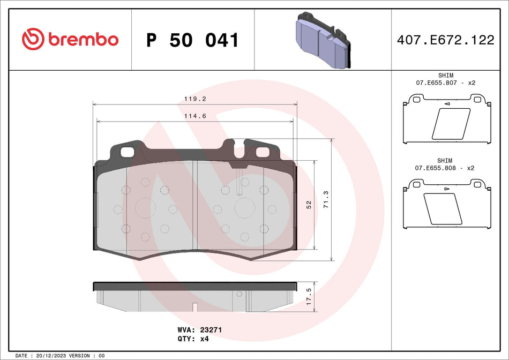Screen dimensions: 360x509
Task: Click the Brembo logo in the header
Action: point(70,39)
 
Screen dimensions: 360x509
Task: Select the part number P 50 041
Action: point(192,40)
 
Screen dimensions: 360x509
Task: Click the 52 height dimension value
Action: point(309,205)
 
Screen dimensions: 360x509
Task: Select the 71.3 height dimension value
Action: point(326,200)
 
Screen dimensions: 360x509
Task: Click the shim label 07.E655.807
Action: point(436,83)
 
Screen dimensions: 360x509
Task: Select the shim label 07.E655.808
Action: point(436,168)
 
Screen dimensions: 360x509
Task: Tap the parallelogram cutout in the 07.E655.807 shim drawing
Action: point(451,124)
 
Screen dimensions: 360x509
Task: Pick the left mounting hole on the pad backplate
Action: point(127,152)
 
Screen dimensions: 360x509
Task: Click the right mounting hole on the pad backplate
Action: point(263,152)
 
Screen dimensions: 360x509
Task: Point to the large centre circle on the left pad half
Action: point(145,209)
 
